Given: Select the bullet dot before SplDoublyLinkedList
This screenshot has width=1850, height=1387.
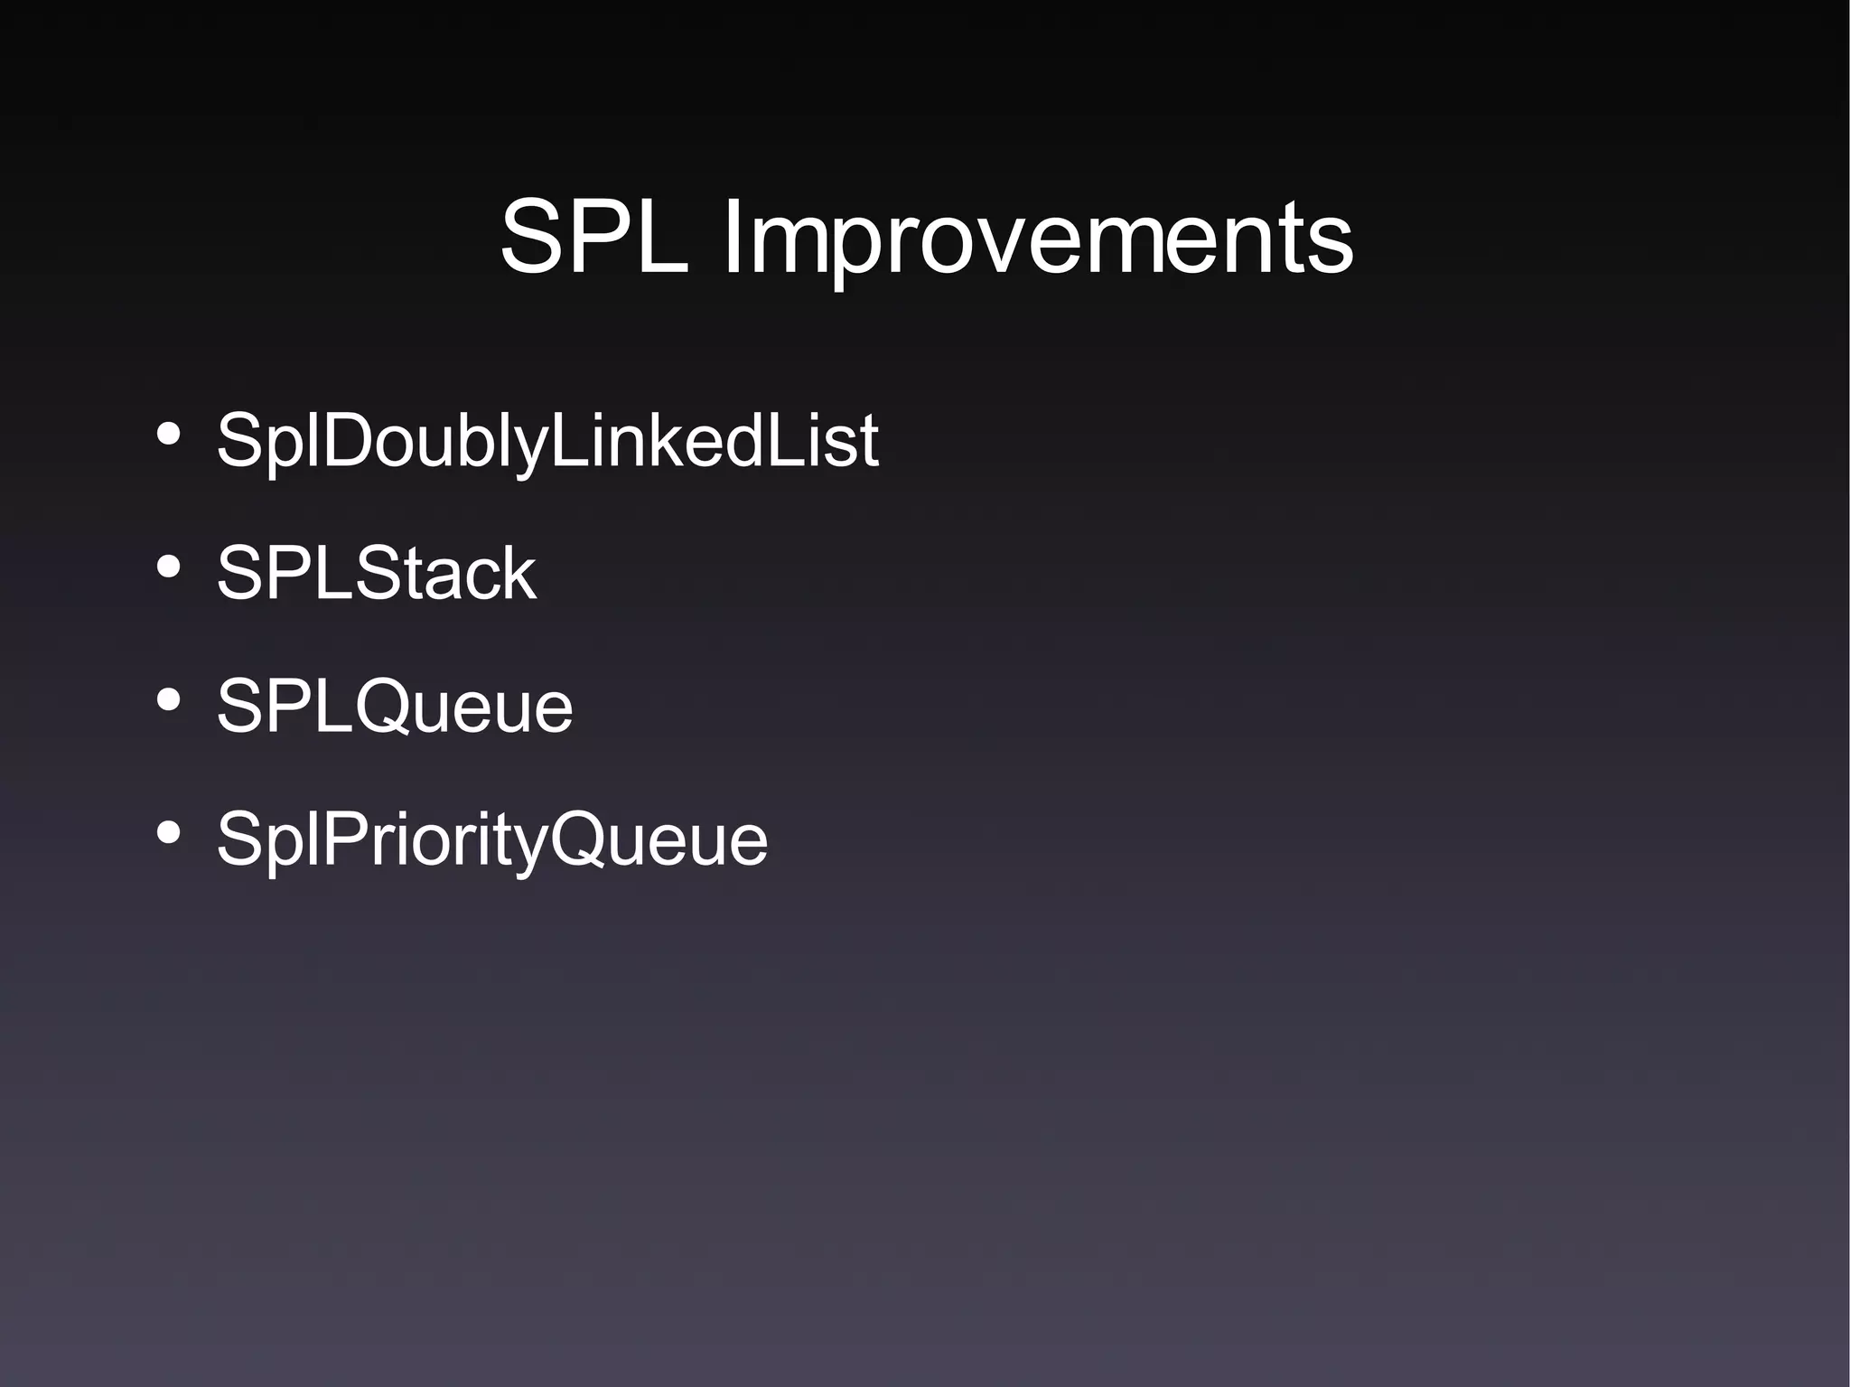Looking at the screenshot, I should [x=168, y=435].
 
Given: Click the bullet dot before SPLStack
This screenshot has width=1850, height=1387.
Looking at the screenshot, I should [x=168, y=567].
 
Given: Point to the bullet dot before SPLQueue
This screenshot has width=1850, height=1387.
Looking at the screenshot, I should [x=168, y=700].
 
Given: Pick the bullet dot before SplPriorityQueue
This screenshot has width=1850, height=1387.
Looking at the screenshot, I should [x=168, y=833].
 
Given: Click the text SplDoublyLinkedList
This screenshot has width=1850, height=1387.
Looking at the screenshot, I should [x=547, y=442].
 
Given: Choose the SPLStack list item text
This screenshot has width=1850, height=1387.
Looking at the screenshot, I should [x=376, y=573].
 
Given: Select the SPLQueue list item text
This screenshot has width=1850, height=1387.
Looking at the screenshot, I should [x=394, y=706].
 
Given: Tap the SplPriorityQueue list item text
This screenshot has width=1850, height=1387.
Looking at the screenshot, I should [x=491, y=840].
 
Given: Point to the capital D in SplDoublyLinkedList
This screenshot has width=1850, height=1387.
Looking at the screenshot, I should [x=350, y=440].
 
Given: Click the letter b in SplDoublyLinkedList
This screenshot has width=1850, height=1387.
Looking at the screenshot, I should [x=480, y=440].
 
